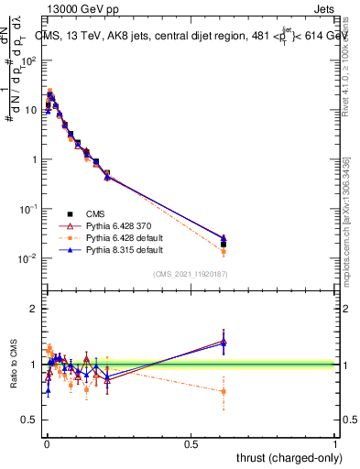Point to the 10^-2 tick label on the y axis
tap(28, 258)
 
